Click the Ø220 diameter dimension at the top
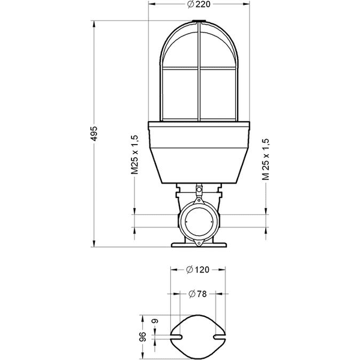pos(198,5)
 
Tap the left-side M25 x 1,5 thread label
pos(136,154)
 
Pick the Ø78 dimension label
pos(198,294)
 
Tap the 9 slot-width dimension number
pos(155,323)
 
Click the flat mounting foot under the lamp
pos(198,245)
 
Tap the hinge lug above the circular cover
pos(198,191)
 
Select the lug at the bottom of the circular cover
pos(198,241)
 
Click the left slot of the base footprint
pos(178,337)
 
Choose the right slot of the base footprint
pos(218,337)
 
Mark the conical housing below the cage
pos(198,156)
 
